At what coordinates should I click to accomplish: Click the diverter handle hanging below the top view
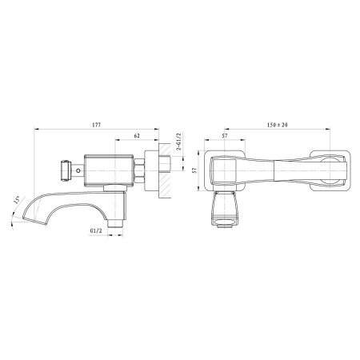pyautogui.click(x=226, y=212)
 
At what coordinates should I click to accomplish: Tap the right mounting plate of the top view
pyautogui.click(x=337, y=169)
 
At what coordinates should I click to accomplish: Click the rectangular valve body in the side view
pyautogui.click(x=108, y=170)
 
